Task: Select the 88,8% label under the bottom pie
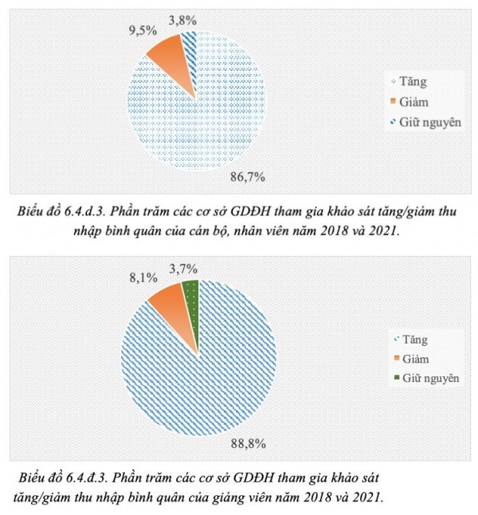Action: tap(247, 443)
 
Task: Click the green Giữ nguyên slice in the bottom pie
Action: tap(190, 294)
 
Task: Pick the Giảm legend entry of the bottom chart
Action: tap(413, 358)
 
